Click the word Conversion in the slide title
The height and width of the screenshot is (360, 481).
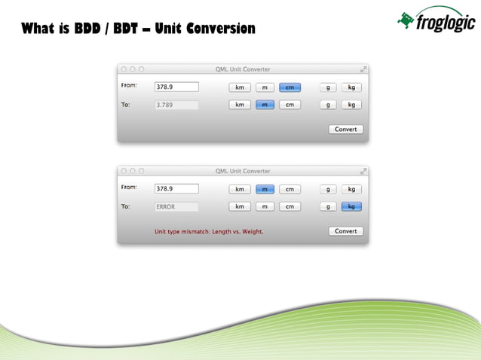[216, 29]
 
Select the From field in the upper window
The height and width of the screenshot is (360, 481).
[176, 87]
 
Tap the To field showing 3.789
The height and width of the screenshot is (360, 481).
[176, 105]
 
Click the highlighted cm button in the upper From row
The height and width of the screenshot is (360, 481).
[290, 87]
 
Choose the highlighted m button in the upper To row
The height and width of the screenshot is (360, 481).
[265, 105]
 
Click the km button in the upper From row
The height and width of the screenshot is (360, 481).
[240, 87]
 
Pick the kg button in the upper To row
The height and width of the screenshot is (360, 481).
[351, 105]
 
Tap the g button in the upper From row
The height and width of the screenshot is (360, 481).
[328, 87]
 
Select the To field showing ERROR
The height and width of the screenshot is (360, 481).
[176, 206]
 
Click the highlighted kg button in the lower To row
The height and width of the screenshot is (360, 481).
[351, 206]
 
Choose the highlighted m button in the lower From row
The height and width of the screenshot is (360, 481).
[265, 189]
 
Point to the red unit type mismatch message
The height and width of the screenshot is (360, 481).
[209, 231]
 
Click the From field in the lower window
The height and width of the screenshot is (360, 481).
[176, 188]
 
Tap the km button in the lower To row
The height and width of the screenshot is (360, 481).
[240, 206]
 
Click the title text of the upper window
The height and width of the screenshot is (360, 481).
[243, 69]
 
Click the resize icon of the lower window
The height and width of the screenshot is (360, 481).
[363, 171]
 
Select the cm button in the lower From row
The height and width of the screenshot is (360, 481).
[290, 189]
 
